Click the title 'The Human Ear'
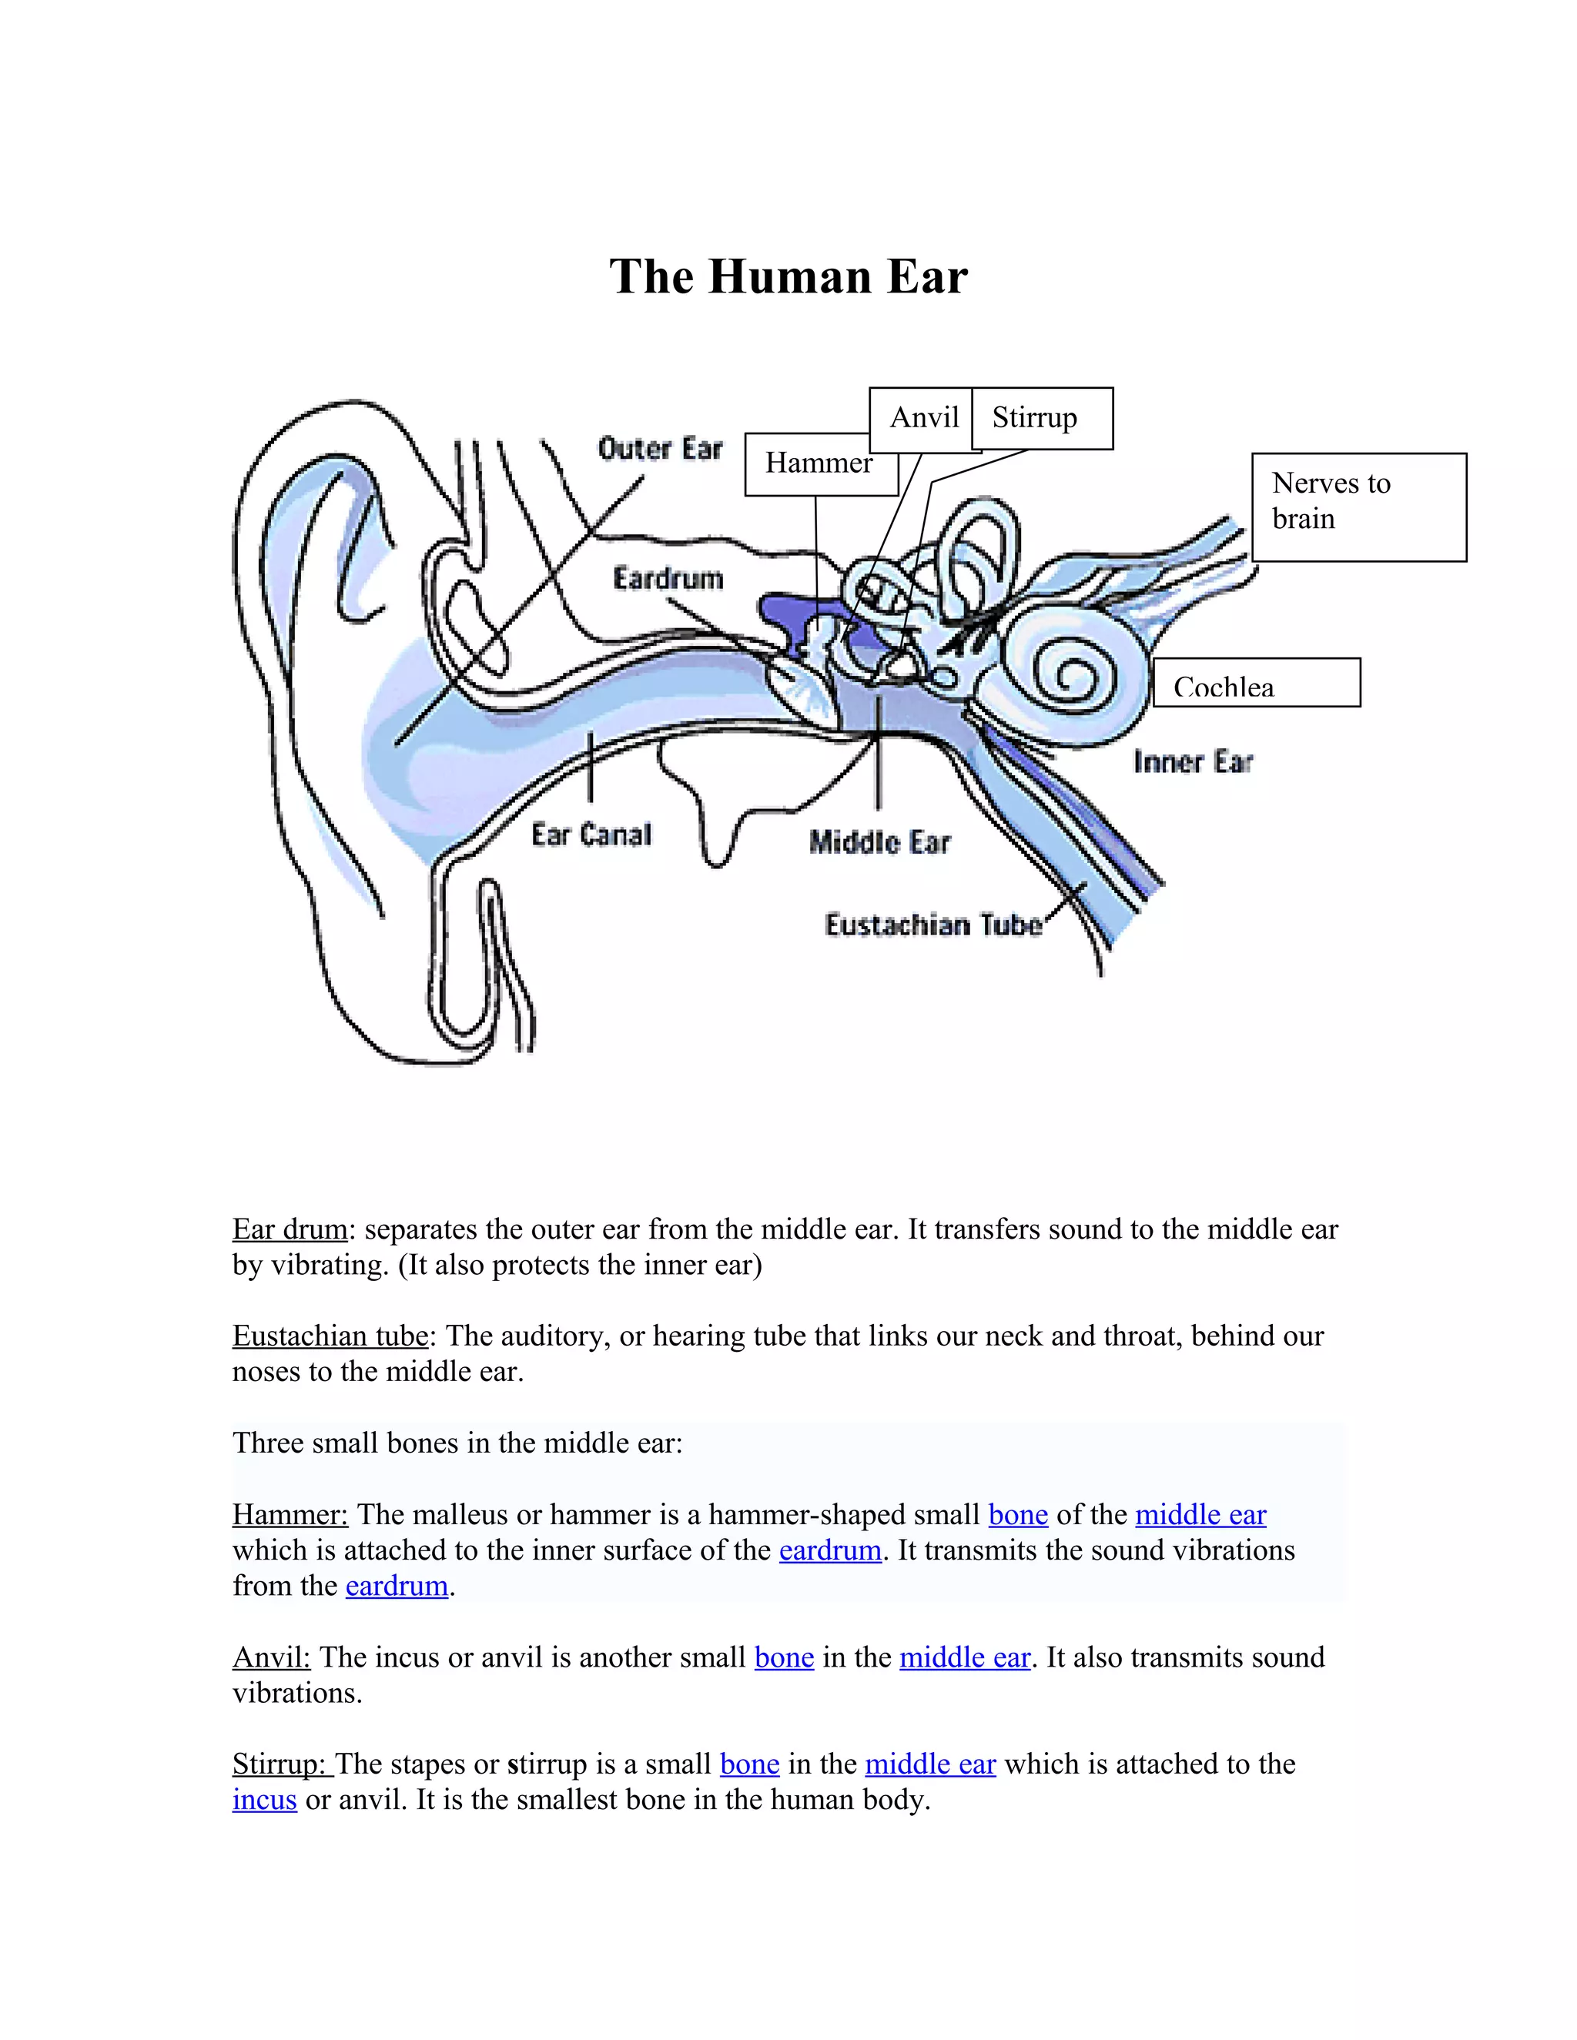788,277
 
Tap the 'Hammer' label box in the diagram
819,463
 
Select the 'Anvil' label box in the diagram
923,417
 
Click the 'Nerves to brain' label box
1358,505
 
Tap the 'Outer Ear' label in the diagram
661,450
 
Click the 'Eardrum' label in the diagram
668,579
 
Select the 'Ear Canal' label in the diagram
591,834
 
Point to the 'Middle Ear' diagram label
879,842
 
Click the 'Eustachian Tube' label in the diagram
933,925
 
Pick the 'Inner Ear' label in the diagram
1193,762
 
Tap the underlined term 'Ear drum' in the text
290,1229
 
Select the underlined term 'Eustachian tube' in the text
330,1336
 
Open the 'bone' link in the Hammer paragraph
1017,1514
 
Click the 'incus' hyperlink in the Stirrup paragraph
264,1800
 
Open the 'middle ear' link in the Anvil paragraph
964,1657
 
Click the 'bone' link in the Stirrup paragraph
749,1764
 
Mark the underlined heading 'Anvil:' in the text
271,1657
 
